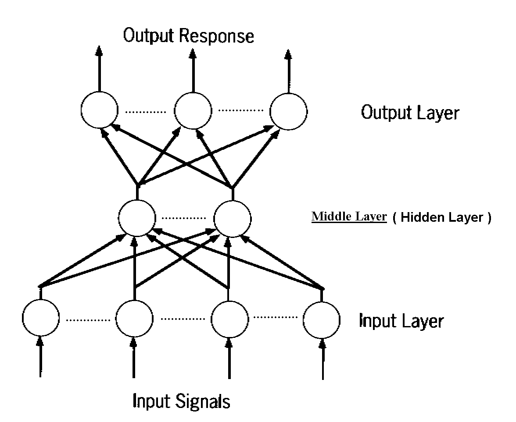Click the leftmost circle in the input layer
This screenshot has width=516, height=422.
tap(40, 318)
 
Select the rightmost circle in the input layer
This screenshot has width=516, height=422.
tap(322, 318)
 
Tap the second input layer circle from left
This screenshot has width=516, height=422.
tap(134, 318)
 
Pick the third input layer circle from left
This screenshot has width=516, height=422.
tap(229, 318)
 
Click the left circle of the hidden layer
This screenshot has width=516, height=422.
tap(137, 218)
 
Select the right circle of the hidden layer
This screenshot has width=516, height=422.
tap(233, 218)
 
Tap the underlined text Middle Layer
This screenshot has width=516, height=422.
tap(349, 216)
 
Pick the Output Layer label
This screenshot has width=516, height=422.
tap(410, 113)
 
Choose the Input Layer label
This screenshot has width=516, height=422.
tap(401, 321)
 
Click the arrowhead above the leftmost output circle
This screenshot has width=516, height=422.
tap(100, 51)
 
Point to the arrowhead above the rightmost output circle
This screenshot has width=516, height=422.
tap(288, 54)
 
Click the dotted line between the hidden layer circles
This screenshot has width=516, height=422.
tap(185, 218)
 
